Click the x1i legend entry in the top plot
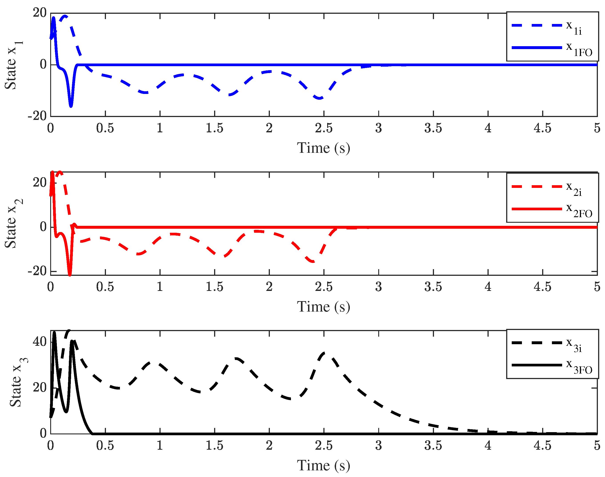click(552, 26)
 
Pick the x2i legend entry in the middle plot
click(552, 188)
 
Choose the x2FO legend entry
click(552, 210)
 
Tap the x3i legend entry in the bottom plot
click(552, 344)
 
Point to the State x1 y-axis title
click(13, 65)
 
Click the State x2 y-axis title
click(13, 224)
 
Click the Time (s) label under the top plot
click(323, 148)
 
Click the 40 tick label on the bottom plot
click(39, 342)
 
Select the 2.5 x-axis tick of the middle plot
click(324, 287)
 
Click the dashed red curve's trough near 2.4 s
click(312, 262)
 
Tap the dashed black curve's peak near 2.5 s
click(324, 353)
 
